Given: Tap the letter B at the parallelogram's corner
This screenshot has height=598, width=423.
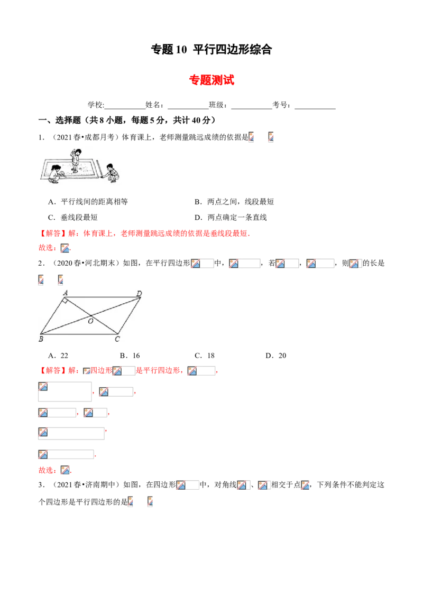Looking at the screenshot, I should click(41, 339).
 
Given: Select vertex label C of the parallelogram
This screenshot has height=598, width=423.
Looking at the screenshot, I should click(117, 339).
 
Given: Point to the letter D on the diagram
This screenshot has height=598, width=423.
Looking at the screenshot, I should click(139, 293).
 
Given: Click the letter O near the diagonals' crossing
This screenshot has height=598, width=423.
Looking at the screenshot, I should click(90, 321).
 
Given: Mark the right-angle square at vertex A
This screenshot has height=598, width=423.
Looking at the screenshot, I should click(66, 300).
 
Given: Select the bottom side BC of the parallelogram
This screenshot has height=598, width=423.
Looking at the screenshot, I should click(79, 334).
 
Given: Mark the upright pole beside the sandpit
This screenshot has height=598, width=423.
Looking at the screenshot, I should click(99, 167).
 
